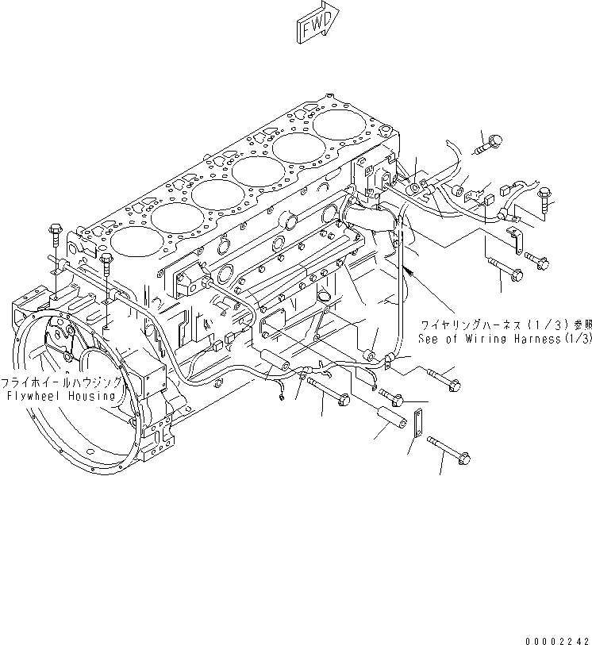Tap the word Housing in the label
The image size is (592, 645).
tap(93, 395)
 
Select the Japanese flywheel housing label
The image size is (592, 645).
tap(61, 382)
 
